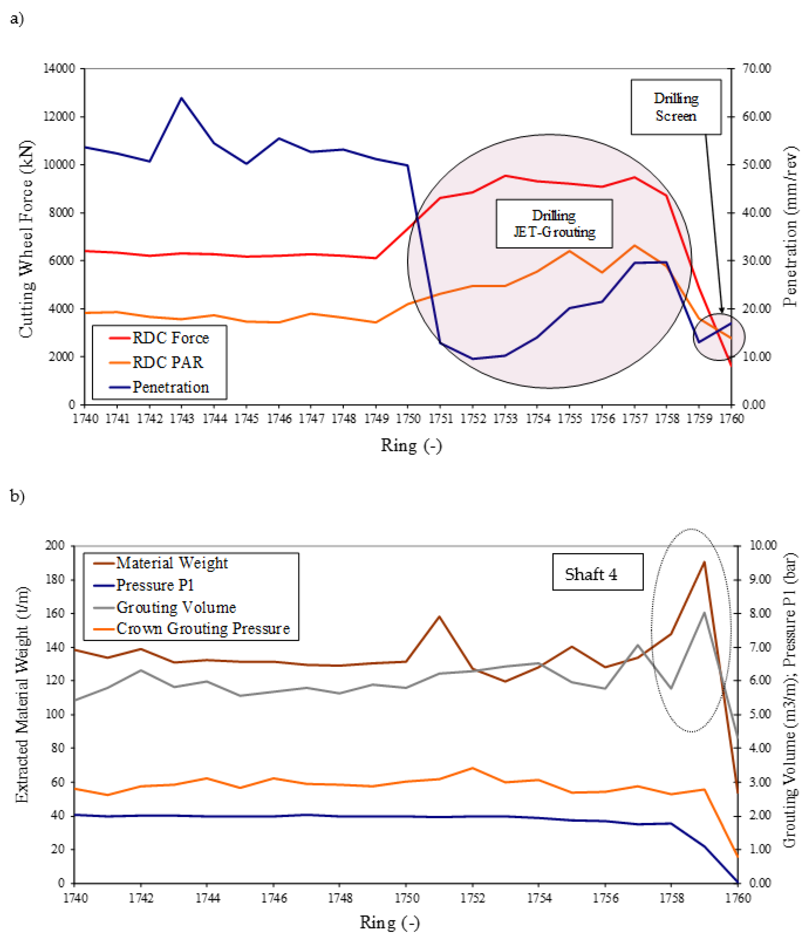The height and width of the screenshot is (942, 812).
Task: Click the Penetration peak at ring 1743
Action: tap(181, 98)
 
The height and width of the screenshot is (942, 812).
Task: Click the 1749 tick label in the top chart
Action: tap(376, 419)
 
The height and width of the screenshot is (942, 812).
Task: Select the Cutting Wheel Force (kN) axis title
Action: tap(26, 239)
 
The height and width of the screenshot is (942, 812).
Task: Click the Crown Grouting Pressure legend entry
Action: tap(203, 628)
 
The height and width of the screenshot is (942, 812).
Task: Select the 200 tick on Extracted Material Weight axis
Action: tap(55, 545)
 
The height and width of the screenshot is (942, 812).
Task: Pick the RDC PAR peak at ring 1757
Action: tap(635, 245)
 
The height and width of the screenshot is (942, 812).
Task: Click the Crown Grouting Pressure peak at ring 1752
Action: tap(472, 768)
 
